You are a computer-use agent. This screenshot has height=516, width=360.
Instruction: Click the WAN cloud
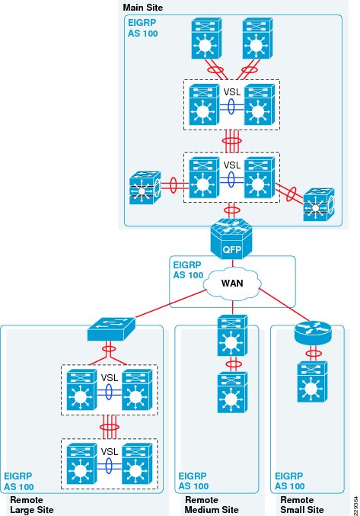click(232, 283)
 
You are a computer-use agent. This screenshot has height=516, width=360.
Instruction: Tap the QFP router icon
click(231, 238)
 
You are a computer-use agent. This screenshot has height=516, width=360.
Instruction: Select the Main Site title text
click(143, 7)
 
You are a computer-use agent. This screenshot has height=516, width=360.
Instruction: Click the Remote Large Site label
click(32, 505)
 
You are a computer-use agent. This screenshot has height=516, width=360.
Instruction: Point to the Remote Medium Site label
click(212, 505)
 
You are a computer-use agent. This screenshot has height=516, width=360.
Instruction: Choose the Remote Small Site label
click(302, 505)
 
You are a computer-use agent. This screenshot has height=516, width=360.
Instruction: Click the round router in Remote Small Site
click(313, 332)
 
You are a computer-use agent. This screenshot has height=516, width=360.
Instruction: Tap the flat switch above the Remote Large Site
click(111, 329)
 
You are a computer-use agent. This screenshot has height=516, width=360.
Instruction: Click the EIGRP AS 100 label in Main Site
click(142, 28)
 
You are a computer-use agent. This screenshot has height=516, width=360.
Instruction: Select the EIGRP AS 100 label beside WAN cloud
click(188, 270)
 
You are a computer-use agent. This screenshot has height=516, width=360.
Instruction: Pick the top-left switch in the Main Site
click(206, 38)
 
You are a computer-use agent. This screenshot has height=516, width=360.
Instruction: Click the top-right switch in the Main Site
click(257, 38)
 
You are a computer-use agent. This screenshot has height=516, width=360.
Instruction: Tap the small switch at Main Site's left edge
click(145, 188)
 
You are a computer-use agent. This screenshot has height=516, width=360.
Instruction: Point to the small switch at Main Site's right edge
click(319, 204)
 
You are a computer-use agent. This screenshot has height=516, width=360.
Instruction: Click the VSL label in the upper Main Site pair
click(232, 91)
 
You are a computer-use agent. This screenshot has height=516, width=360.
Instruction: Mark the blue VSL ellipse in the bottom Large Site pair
click(109, 466)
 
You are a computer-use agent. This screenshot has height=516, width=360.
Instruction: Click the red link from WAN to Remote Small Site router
click(285, 305)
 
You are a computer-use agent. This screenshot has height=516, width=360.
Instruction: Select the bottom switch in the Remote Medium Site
click(232, 392)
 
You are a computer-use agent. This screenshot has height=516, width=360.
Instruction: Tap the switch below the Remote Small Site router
click(312, 382)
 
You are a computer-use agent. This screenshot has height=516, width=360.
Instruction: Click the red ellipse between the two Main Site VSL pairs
click(231, 141)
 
